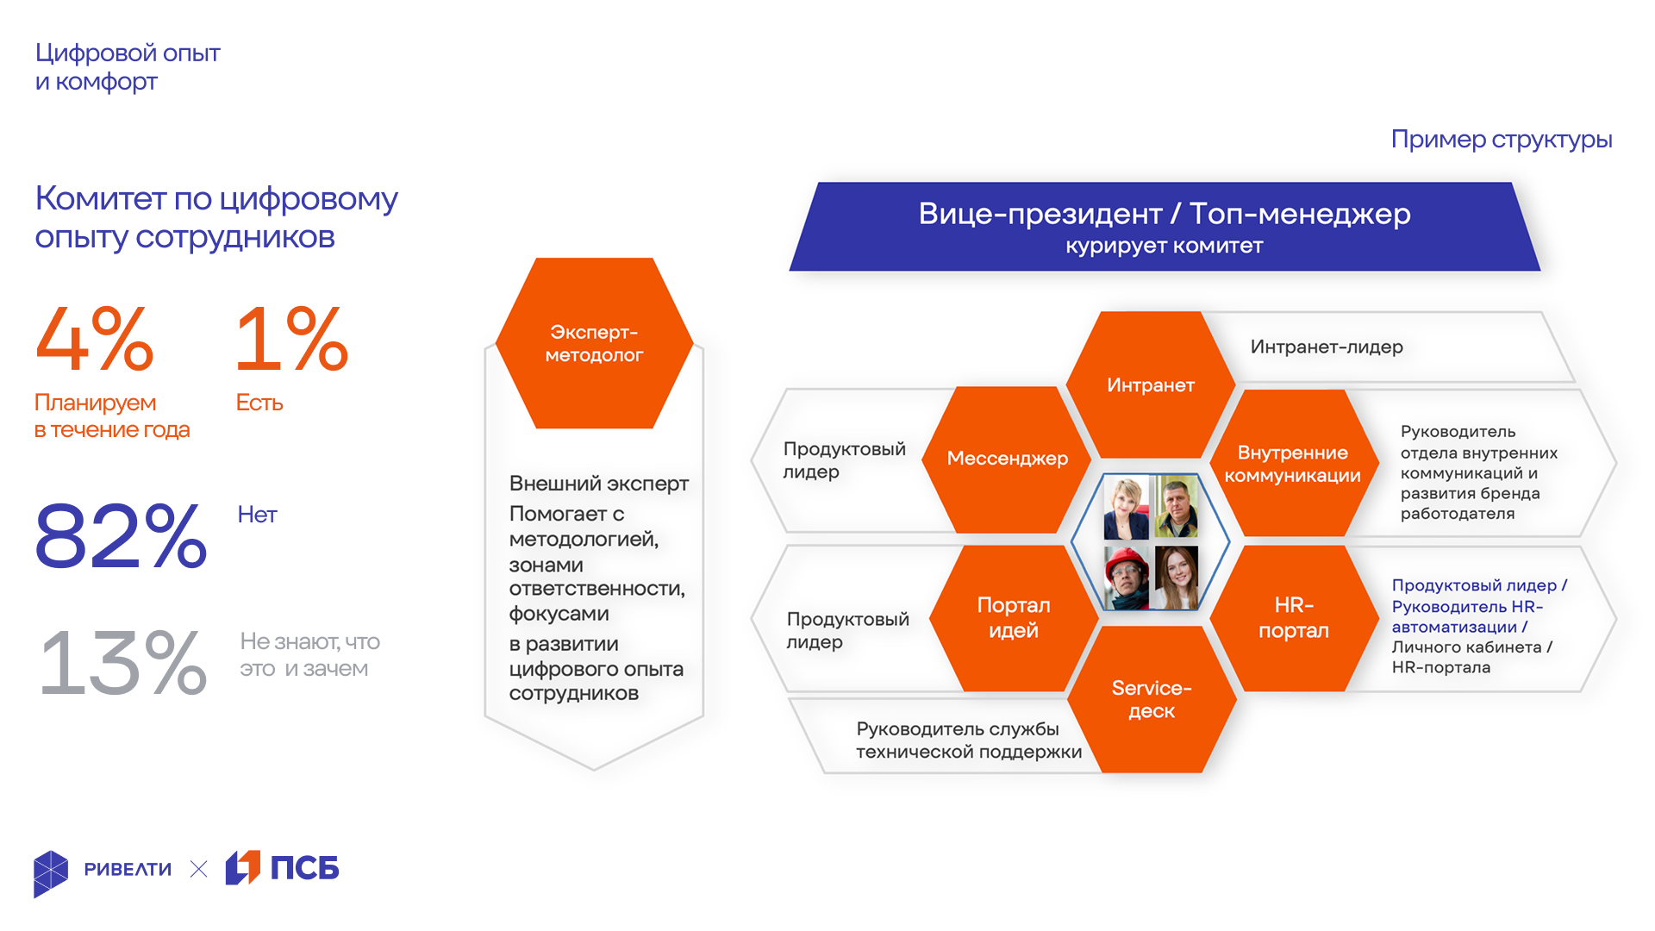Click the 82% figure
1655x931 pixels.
pos(121,536)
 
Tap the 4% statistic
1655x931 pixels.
pos(95,339)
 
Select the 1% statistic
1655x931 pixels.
pos(292,339)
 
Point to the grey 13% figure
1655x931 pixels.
pos(123,662)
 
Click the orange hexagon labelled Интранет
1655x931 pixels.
pos(1151,384)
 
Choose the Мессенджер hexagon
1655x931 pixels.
pos(1007,459)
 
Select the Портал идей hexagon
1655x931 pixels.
pos(1014,617)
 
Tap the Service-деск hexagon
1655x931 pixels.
pos(1152,699)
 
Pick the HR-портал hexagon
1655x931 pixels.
pos(1294,617)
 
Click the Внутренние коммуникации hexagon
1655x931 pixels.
pos(1293,464)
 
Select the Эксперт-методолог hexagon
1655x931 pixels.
pos(594,343)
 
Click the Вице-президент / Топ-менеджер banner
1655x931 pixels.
pos(1165,227)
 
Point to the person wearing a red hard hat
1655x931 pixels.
pos(1127,578)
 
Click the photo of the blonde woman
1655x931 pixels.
pos(1127,507)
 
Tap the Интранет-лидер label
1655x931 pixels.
pos(1327,347)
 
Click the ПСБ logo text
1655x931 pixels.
pos(305,868)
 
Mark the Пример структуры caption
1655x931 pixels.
pos(1502,140)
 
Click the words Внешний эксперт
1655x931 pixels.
pos(599,484)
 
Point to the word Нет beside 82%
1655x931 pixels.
pos(257,515)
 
